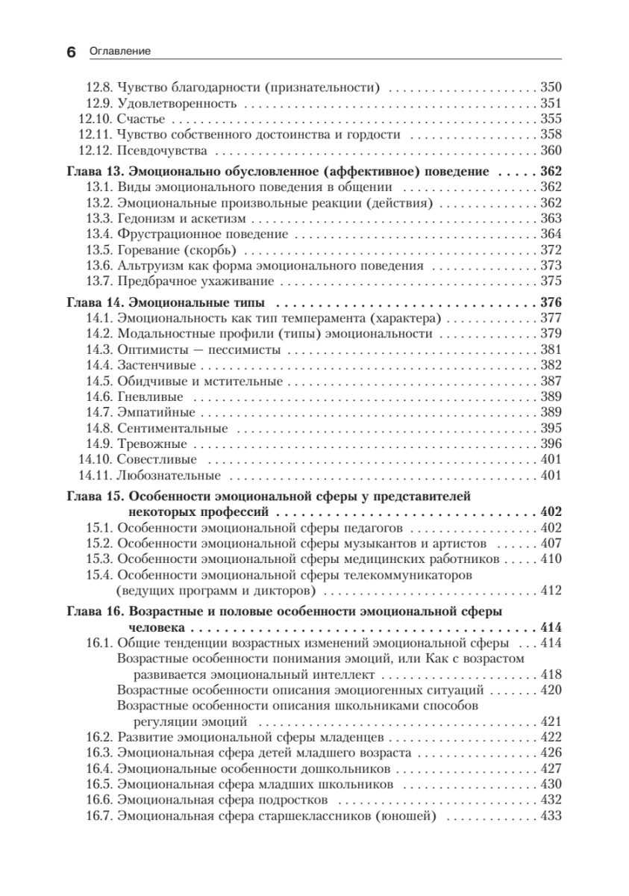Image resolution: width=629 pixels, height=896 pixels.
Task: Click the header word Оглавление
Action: pos(119,52)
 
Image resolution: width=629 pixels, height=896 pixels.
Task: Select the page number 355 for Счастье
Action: pos(549,119)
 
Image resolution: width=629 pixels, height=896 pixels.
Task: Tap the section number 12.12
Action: pos(95,150)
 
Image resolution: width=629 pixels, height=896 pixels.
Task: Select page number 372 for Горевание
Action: pos(549,249)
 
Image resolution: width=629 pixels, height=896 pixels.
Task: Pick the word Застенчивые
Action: pos(157,365)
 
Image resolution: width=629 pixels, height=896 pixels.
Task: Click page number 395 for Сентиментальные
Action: pos(549,428)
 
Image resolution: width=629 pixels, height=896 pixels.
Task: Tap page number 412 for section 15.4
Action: pos(549,591)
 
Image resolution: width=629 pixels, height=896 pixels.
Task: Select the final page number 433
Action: pos(549,815)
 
